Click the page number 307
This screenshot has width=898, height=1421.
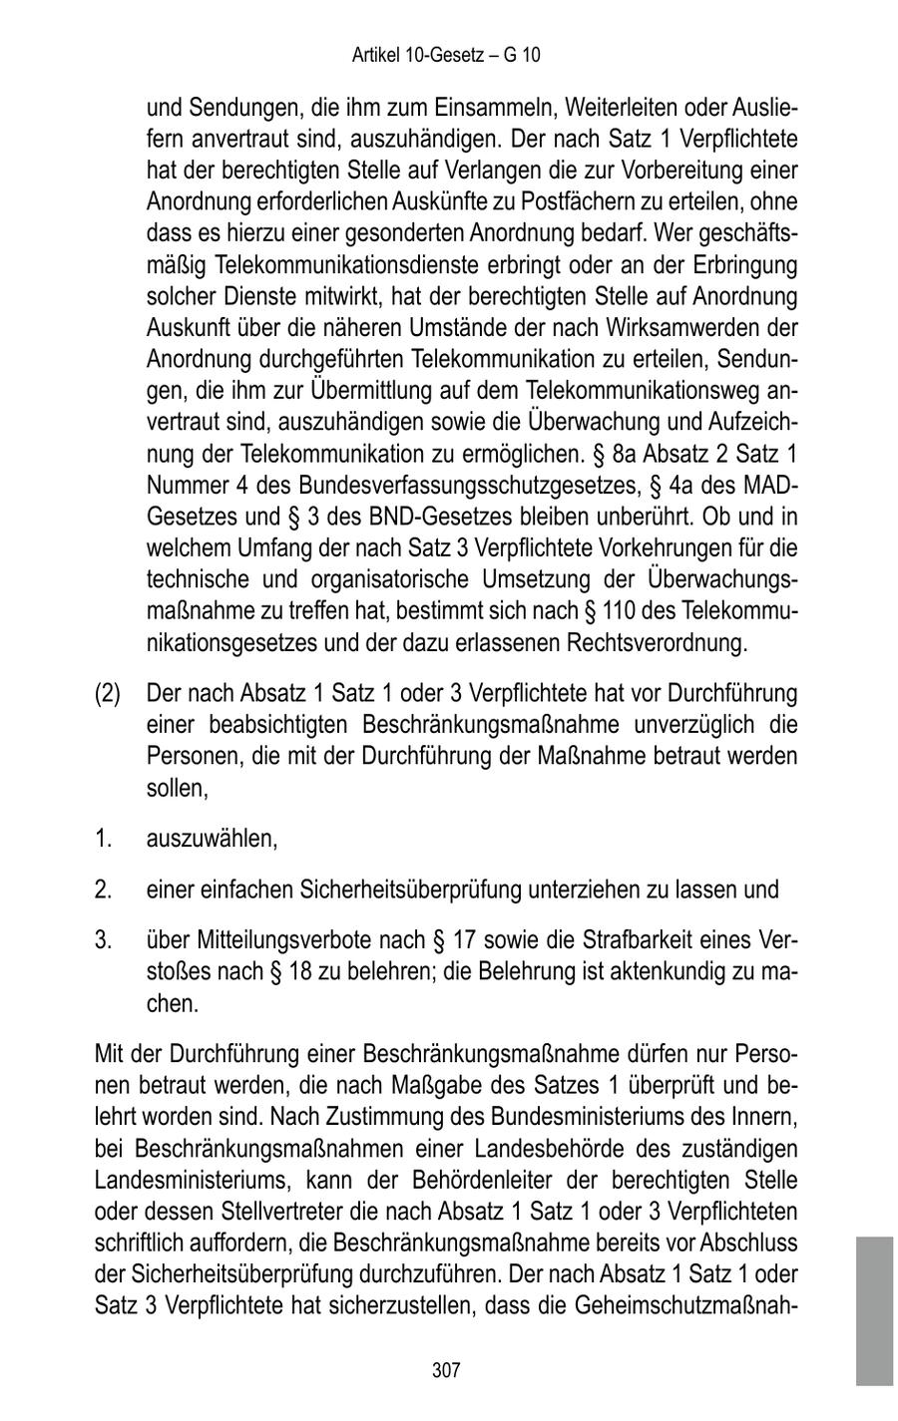coord(446,1371)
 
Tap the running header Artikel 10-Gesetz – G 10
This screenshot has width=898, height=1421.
coord(446,55)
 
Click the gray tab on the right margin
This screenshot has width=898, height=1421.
coord(874,1310)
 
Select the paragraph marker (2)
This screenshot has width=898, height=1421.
coord(108,693)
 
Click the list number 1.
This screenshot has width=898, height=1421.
coord(102,839)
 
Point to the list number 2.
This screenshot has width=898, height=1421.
coord(102,888)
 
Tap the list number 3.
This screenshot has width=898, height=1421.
coord(102,939)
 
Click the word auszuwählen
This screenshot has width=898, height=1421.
coord(212,839)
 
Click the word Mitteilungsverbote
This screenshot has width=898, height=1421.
coord(283,939)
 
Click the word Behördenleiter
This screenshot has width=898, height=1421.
coord(479,1180)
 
